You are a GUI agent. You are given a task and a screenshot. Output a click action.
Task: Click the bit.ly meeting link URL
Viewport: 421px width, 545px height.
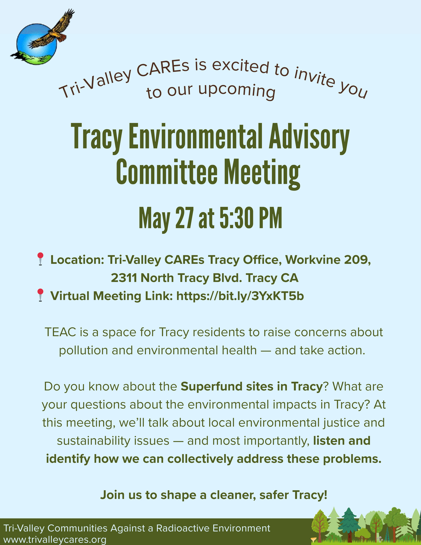[240, 296]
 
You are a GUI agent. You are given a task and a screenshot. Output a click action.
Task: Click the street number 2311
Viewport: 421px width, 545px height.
[124, 278]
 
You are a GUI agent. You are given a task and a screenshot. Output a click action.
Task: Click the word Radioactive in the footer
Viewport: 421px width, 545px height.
[182, 528]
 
